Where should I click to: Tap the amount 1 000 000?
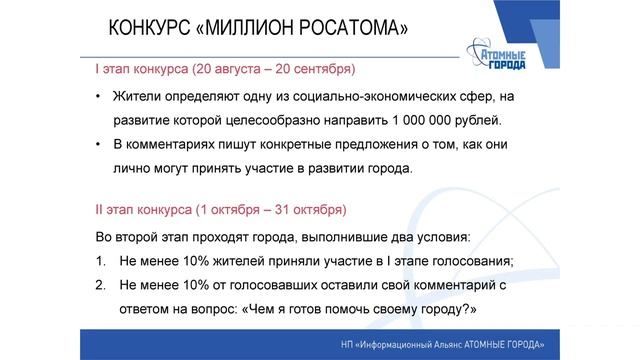click(425, 121)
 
